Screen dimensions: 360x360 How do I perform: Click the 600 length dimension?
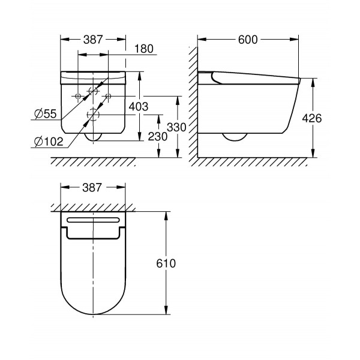click(x=247, y=40)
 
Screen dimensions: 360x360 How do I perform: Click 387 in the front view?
click(x=93, y=40)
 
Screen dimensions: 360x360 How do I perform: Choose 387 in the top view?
click(x=93, y=187)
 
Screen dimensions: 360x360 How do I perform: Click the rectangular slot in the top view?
click(x=93, y=220)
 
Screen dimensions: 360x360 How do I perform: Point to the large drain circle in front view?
click(x=93, y=114)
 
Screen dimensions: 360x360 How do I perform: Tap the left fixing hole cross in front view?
click(x=78, y=96)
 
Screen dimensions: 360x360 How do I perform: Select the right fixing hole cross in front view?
click(x=108, y=96)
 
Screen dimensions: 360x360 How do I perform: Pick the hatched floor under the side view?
click(x=252, y=162)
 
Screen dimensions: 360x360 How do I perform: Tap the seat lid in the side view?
click(x=252, y=75)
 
